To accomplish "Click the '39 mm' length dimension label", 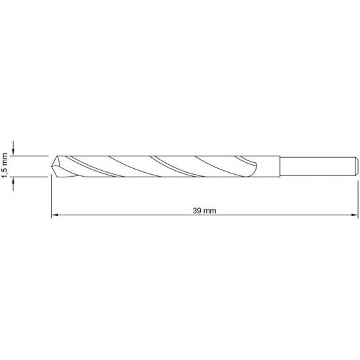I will click(x=204, y=211).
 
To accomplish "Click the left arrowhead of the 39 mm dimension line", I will click(x=55, y=216).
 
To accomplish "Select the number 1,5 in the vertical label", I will click(x=5, y=172).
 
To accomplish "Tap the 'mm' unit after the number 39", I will click(x=210, y=211).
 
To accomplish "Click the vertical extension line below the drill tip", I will click(x=51, y=196).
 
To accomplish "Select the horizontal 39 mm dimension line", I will click(x=131, y=216).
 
